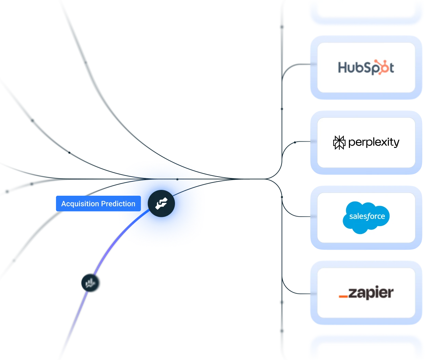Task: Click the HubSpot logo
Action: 366,67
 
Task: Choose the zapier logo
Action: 366,293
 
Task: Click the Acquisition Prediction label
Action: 98,204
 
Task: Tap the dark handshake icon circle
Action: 161,204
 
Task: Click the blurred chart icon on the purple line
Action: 91,283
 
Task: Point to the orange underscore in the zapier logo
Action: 343,296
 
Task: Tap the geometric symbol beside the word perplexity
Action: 339,142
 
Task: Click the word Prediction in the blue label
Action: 118,204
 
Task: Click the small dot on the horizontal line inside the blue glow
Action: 177,179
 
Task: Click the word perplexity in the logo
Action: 374,142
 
